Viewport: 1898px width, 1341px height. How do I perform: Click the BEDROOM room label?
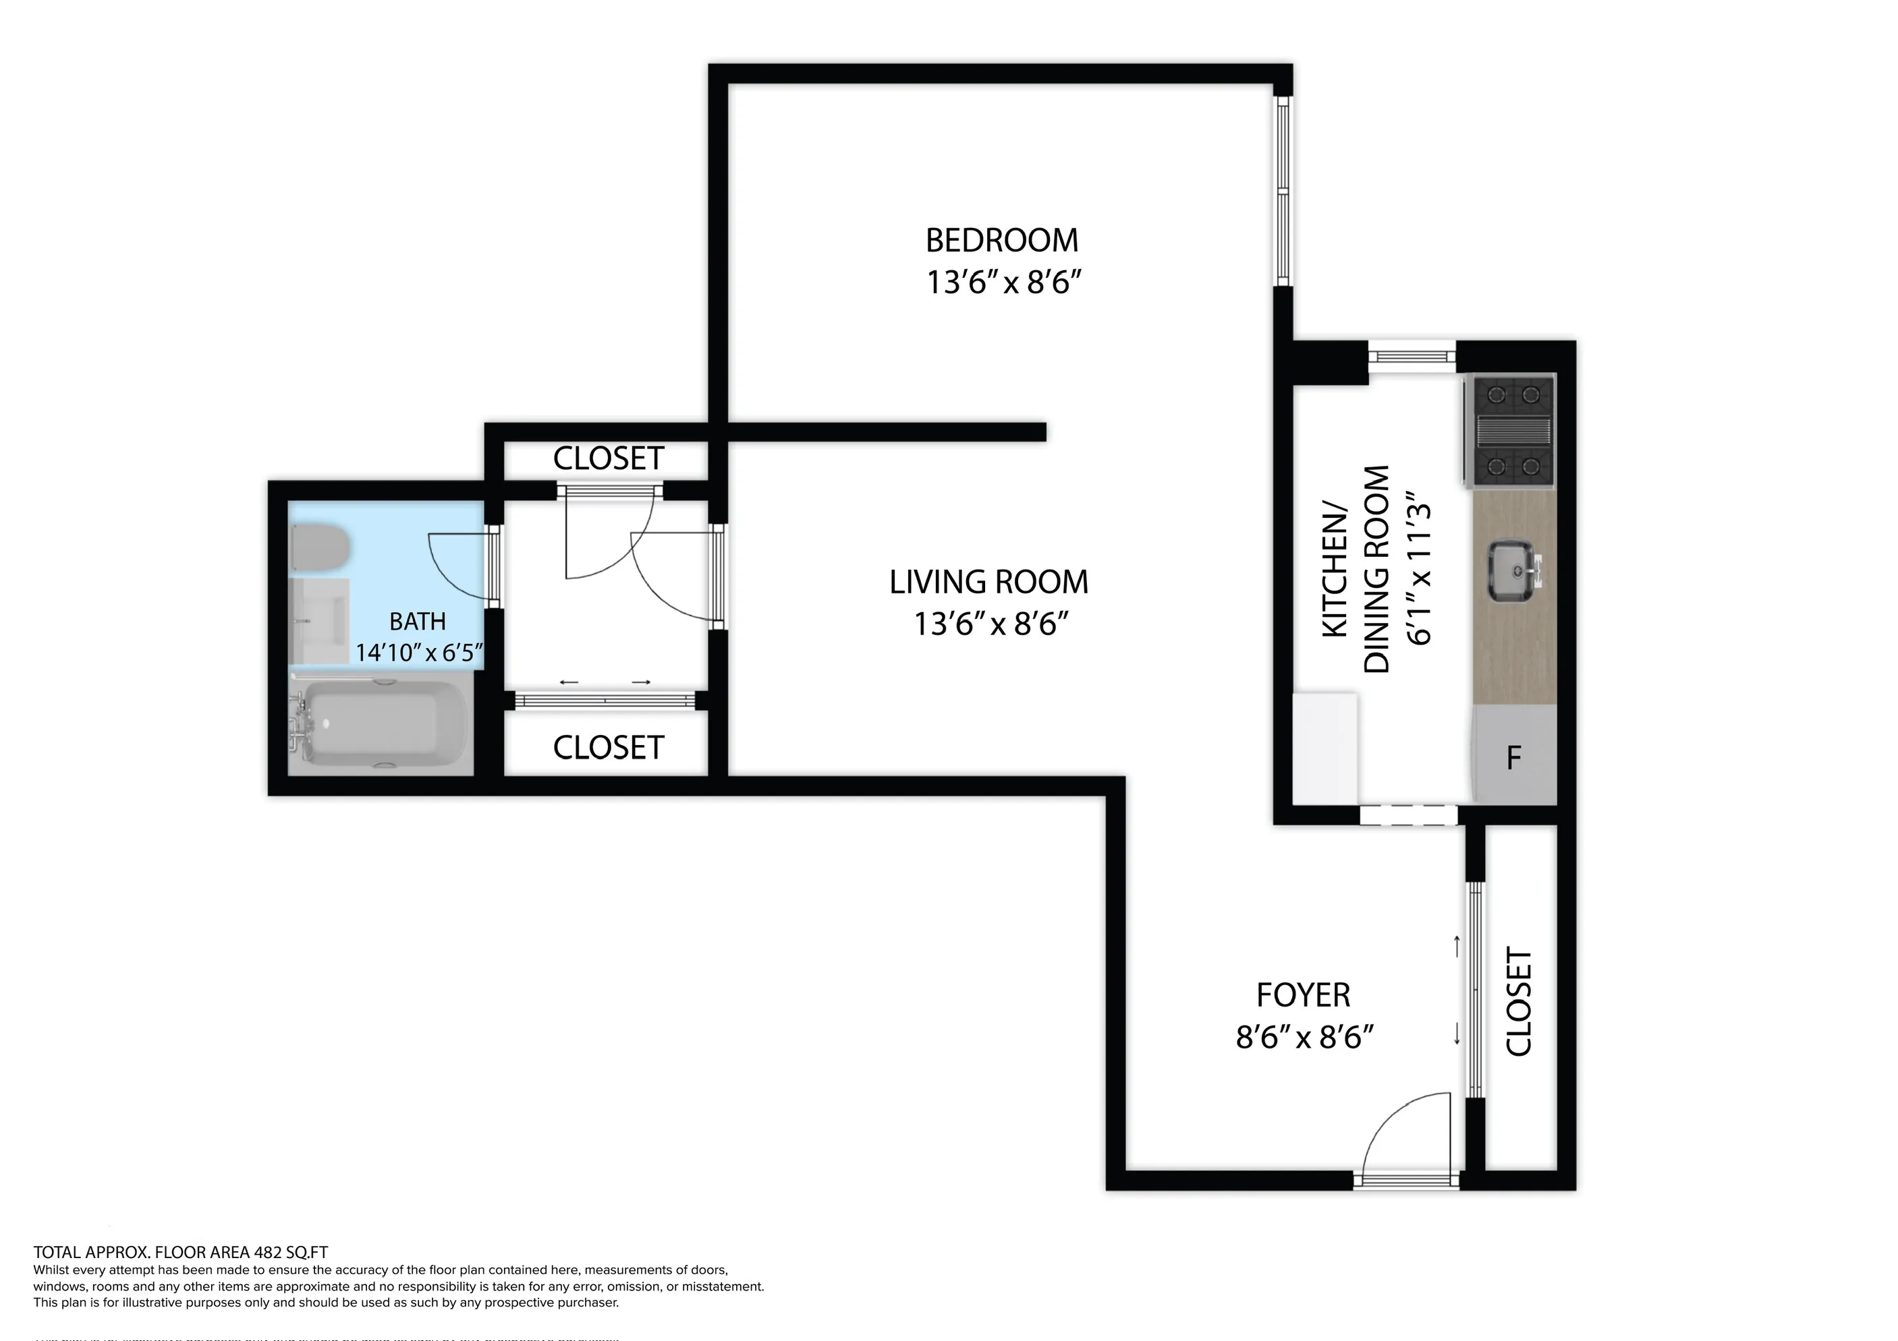1001,241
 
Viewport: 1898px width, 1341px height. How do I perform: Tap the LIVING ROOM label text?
988,582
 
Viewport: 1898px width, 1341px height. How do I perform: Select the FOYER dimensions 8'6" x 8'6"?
1304,1037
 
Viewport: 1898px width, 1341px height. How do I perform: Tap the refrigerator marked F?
1515,756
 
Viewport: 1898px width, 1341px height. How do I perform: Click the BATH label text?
418,622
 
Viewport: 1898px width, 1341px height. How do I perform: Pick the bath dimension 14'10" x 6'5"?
419,653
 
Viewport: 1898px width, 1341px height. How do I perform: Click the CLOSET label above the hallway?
608,458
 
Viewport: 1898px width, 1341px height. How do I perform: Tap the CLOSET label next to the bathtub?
608,748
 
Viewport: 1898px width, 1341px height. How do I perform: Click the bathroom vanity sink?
320,620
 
